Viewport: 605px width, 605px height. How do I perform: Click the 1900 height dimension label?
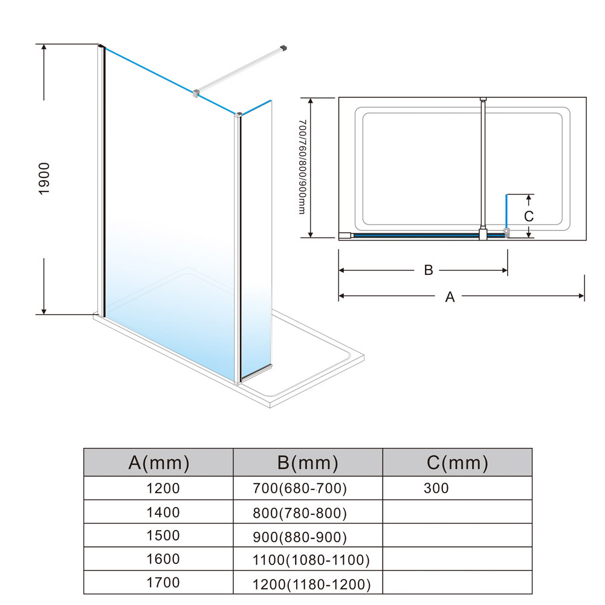pyautogui.click(x=44, y=179)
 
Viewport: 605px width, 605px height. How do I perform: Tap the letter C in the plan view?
pyautogui.click(x=529, y=216)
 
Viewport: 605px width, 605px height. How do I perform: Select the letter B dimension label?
pyautogui.click(x=429, y=270)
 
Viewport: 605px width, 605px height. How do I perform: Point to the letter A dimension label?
pyautogui.click(x=450, y=297)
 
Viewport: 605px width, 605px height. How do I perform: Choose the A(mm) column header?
pyautogui.click(x=159, y=462)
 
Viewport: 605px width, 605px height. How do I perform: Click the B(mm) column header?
pyautogui.click(x=308, y=462)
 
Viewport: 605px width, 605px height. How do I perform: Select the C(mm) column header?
pyautogui.click(x=457, y=462)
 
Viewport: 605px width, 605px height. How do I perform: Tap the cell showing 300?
pyautogui.click(x=436, y=488)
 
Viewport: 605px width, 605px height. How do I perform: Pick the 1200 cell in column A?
pyautogui.click(x=163, y=488)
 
